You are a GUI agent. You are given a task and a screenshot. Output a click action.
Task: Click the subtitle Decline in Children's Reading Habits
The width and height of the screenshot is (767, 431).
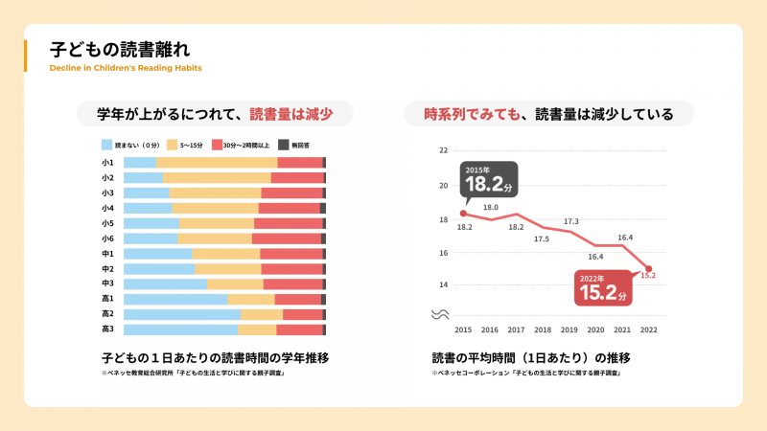click(126, 68)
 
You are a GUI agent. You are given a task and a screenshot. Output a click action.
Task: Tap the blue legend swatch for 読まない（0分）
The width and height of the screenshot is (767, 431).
click(106, 145)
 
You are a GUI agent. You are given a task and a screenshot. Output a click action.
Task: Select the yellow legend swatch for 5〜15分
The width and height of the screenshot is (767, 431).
click(173, 145)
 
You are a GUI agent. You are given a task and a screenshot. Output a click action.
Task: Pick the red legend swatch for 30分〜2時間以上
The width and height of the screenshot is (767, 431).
click(217, 145)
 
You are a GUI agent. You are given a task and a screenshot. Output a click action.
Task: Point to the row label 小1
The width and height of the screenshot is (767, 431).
click(107, 163)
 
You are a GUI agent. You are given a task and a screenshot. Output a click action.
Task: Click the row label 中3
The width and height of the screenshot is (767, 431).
click(107, 284)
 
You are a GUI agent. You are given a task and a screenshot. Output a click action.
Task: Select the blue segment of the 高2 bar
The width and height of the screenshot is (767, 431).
click(182, 314)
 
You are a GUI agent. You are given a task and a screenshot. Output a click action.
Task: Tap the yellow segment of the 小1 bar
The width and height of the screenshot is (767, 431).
click(217, 163)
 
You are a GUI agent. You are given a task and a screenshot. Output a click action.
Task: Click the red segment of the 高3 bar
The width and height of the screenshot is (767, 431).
click(299, 329)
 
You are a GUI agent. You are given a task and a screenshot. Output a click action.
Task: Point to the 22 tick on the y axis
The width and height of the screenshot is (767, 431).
click(443, 150)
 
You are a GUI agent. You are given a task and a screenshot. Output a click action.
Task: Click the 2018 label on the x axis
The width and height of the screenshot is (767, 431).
click(542, 329)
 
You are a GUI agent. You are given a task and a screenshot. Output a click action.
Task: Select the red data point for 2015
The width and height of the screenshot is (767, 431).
click(463, 214)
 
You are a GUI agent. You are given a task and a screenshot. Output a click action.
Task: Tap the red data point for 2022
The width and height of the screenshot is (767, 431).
click(648, 269)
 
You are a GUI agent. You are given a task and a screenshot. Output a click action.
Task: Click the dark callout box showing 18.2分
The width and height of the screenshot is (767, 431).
click(491, 178)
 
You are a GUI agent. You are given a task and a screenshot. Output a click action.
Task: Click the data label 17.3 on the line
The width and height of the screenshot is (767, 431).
click(570, 221)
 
